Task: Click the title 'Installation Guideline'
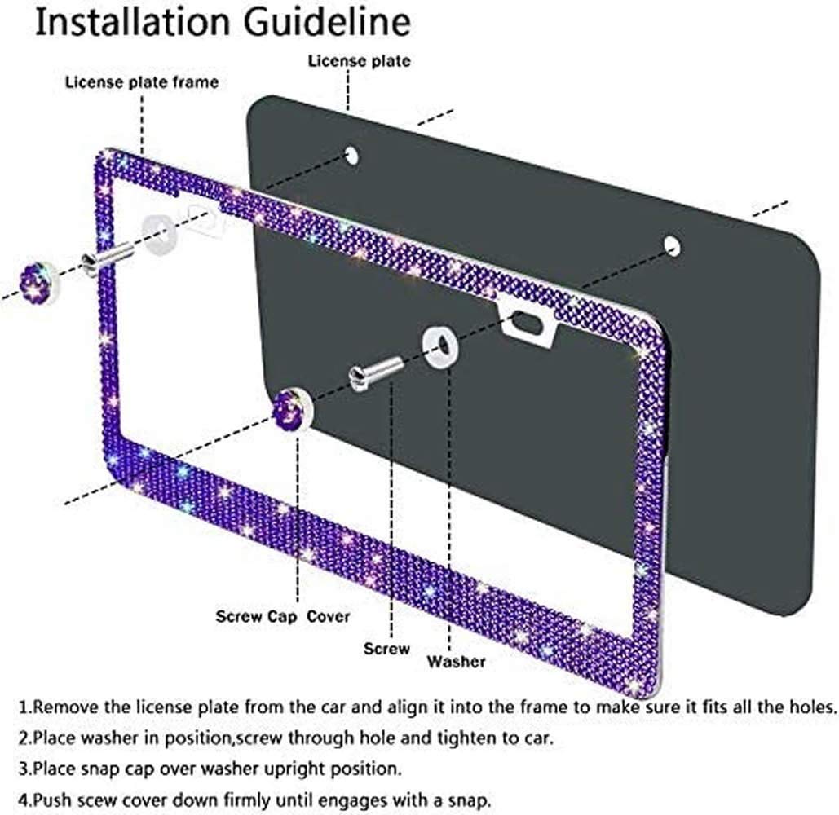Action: click(x=223, y=23)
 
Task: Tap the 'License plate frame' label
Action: click(x=142, y=82)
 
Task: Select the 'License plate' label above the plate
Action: click(x=359, y=61)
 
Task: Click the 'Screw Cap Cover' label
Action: click(x=282, y=617)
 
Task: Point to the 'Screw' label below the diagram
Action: click(x=386, y=649)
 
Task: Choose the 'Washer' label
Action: click(x=457, y=662)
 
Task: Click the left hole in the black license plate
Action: click(x=351, y=156)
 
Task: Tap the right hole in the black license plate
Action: click(x=672, y=245)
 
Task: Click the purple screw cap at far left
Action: click(x=38, y=283)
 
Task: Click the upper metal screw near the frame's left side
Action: click(x=107, y=258)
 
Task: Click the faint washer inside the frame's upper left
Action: click(x=159, y=231)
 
